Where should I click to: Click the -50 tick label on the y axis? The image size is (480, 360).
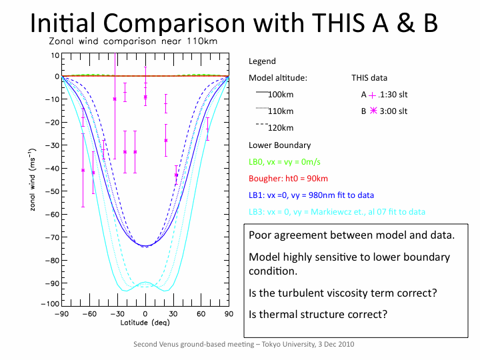tap(51, 191)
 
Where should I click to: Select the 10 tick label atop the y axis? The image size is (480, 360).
tap(55, 55)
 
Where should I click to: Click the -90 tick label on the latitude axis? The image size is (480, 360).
tap(62, 313)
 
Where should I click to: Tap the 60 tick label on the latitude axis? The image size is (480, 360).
tap(201, 313)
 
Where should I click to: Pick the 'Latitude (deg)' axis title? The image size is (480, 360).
tap(145, 323)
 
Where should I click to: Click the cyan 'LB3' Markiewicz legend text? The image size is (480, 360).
tap(337, 212)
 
